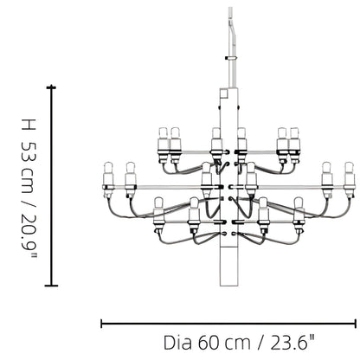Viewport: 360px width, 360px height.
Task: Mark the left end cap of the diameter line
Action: (102, 324)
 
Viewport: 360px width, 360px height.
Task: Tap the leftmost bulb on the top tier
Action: (162, 138)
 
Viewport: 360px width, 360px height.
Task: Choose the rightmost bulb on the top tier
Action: (295, 138)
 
